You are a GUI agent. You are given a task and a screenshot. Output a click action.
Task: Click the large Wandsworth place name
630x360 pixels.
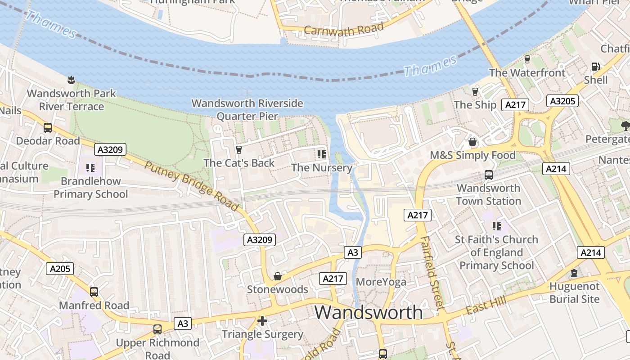coord(369,312)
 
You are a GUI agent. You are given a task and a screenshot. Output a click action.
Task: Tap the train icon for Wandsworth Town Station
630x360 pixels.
coord(489,175)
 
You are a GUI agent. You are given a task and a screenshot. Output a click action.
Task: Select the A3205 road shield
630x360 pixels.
coord(562,101)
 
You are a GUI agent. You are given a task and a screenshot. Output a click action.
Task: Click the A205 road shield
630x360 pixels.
coord(60,269)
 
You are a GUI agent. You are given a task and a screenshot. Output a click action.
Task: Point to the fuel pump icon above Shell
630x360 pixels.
coord(595,67)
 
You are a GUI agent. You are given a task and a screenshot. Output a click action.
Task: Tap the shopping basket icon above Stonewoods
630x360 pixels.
coord(278,276)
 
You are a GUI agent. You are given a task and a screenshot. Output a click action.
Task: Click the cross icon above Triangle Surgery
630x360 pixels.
coord(262,321)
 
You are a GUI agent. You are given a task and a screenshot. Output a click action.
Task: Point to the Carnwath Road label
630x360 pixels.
coord(344,29)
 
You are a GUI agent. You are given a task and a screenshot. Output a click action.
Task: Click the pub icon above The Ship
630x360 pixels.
coord(475,92)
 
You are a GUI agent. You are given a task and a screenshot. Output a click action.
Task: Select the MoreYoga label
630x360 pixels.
coord(381,282)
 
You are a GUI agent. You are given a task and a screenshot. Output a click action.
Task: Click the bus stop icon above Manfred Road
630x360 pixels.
coord(94,292)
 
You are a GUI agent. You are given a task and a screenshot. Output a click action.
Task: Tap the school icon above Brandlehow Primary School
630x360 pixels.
coord(90,168)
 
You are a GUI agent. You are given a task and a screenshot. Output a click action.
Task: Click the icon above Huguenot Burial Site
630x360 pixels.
coord(574,273)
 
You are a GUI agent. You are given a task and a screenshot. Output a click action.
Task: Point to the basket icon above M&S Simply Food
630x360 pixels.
coord(472,142)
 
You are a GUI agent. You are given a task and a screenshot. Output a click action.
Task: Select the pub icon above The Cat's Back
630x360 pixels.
coord(239,149)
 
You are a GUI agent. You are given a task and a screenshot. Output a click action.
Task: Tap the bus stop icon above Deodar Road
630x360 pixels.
coord(48,128)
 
